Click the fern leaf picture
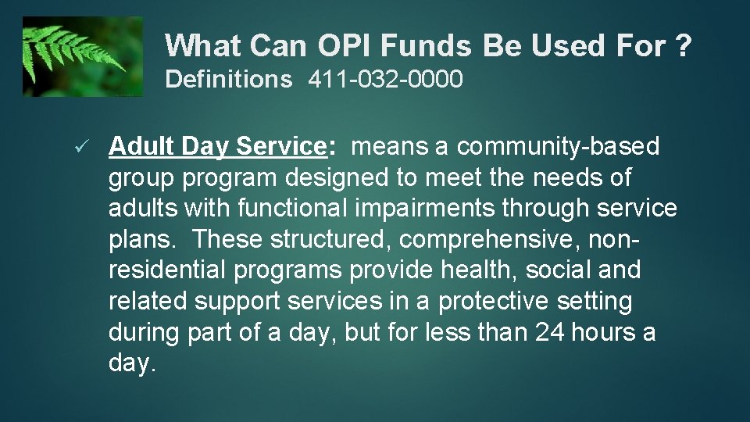83,57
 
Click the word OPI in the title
345,47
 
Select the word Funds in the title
426,47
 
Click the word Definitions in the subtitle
228,80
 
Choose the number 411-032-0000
385,80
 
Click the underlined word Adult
141,146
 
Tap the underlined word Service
280,146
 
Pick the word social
558,270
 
